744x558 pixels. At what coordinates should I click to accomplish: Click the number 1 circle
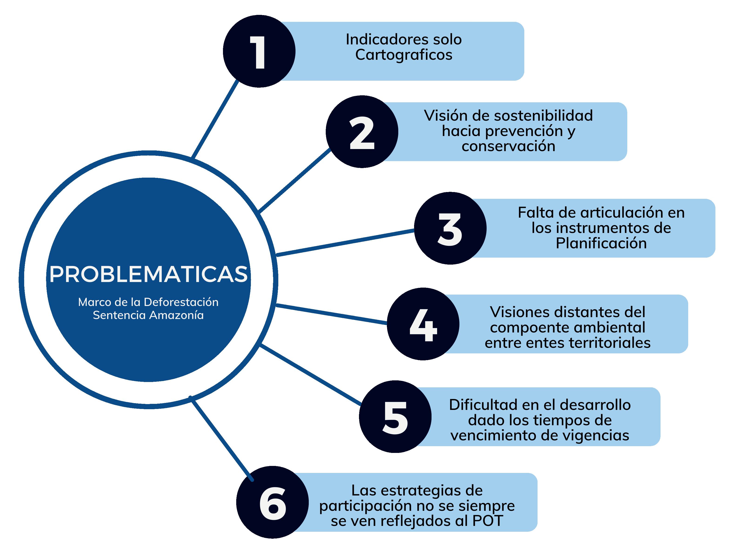point(259,51)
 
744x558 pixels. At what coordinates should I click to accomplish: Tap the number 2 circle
point(362,132)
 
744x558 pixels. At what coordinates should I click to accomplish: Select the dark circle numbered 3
point(450,228)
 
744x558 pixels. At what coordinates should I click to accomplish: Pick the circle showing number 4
point(423,324)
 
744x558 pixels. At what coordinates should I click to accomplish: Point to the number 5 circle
point(395,416)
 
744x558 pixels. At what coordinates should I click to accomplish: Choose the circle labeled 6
point(272,502)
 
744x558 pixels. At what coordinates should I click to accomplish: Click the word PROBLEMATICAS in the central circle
point(148,274)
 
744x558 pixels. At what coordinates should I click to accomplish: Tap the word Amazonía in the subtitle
point(176,315)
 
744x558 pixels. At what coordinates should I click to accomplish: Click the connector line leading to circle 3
point(345,242)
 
